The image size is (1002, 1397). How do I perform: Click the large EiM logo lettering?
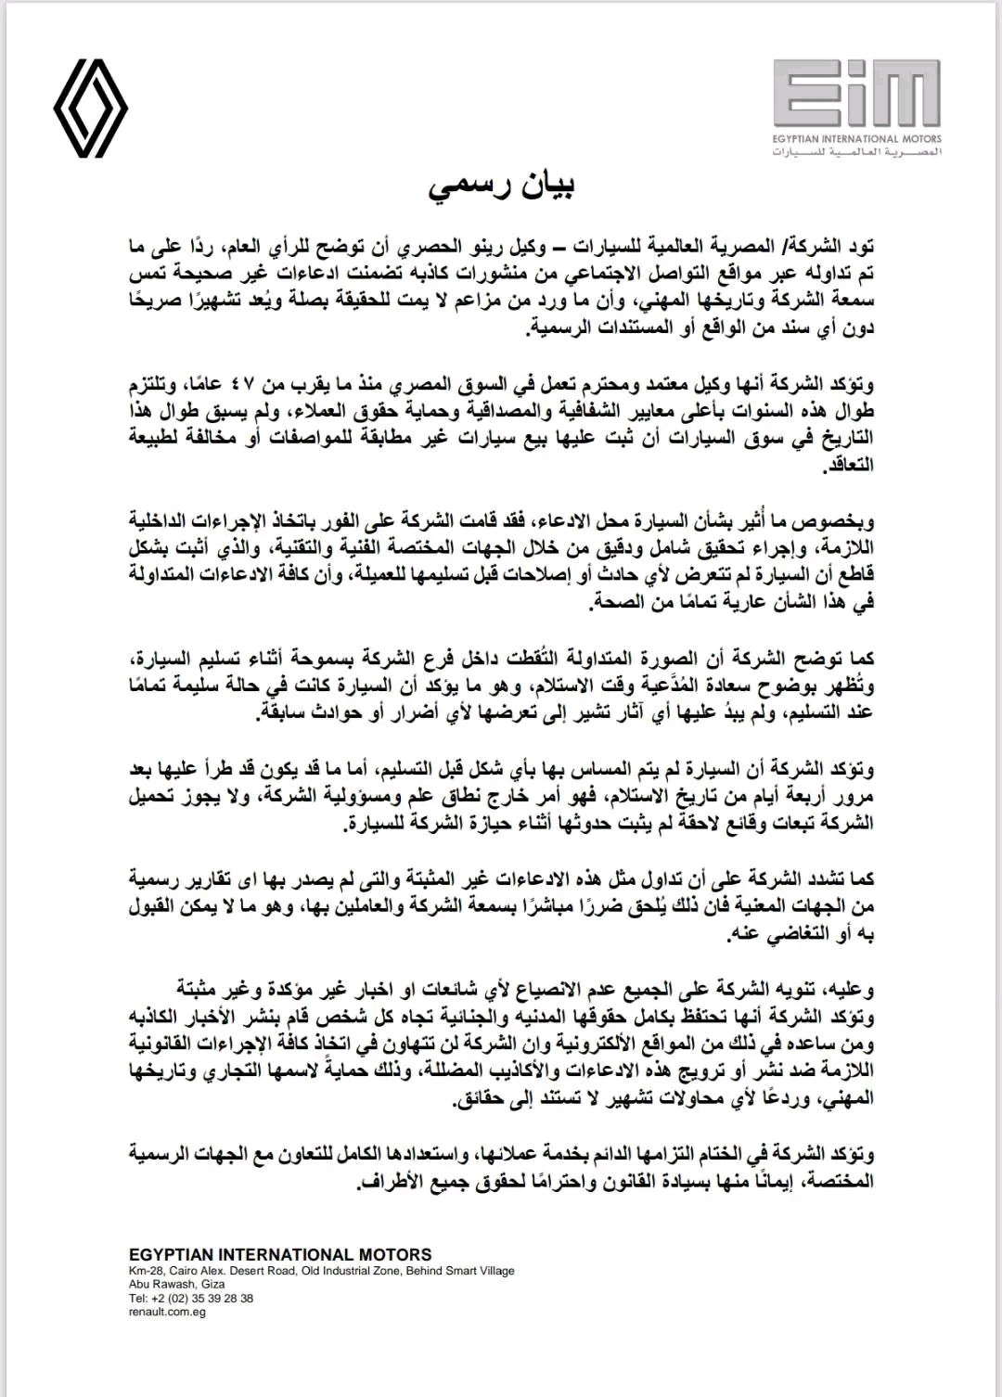coord(855,93)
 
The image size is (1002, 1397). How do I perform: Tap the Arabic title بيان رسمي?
coord(501,185)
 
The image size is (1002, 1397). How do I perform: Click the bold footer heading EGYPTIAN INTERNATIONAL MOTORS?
coord(280,1254)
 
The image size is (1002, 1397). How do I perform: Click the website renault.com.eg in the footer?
coord(167,1312)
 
